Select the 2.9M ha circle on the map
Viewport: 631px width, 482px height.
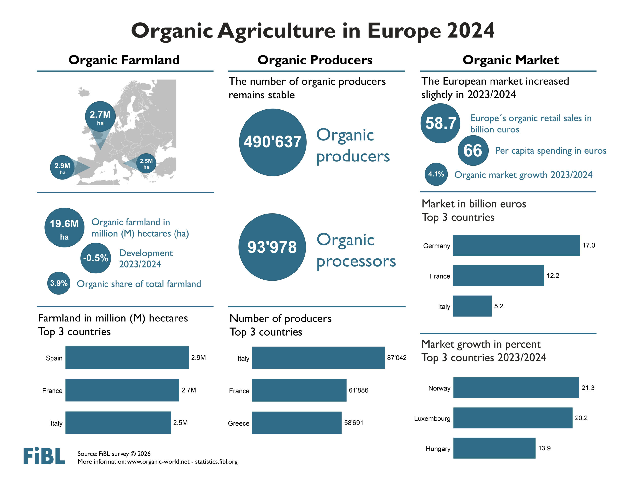(62, 168)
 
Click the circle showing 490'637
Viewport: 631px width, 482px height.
(272, 142)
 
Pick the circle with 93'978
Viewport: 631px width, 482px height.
(272, 247)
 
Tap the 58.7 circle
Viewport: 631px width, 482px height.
(440, 123)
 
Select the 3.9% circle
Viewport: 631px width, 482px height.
(59, 283)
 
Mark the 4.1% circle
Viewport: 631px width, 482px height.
(436, 174)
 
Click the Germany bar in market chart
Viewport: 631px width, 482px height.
(516, 245)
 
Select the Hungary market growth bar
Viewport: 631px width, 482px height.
(494, 448)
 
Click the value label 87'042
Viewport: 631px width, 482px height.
(396, 357)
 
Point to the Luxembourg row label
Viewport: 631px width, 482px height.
(432, 418)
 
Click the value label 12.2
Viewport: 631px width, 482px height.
(552, 275)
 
